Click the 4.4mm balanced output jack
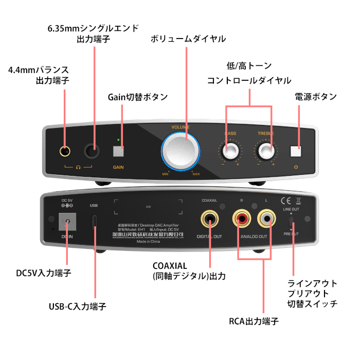[65, 151]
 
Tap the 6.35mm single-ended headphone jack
[93, 151]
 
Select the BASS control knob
[230, 151]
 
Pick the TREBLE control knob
[265, 151]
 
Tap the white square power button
[296, 151]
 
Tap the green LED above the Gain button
[119, 140]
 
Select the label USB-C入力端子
[77, 307]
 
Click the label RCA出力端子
[254, 321]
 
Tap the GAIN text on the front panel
[118, 167]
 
